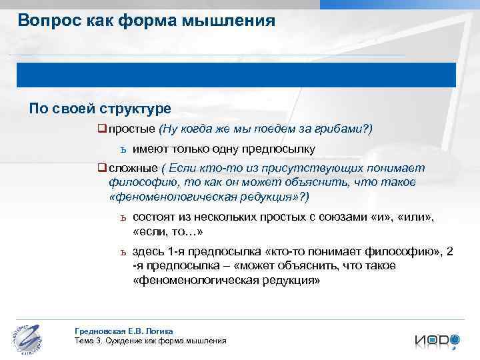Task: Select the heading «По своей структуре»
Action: (x=99, y=108)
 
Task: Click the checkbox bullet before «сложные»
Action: (x=102, y=169)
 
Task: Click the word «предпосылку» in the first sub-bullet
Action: (x=280, y=149)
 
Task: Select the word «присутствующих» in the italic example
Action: (x=301, y=169)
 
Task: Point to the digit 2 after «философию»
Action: (x=450, y=251)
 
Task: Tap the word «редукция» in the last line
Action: (x=289, y=281)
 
